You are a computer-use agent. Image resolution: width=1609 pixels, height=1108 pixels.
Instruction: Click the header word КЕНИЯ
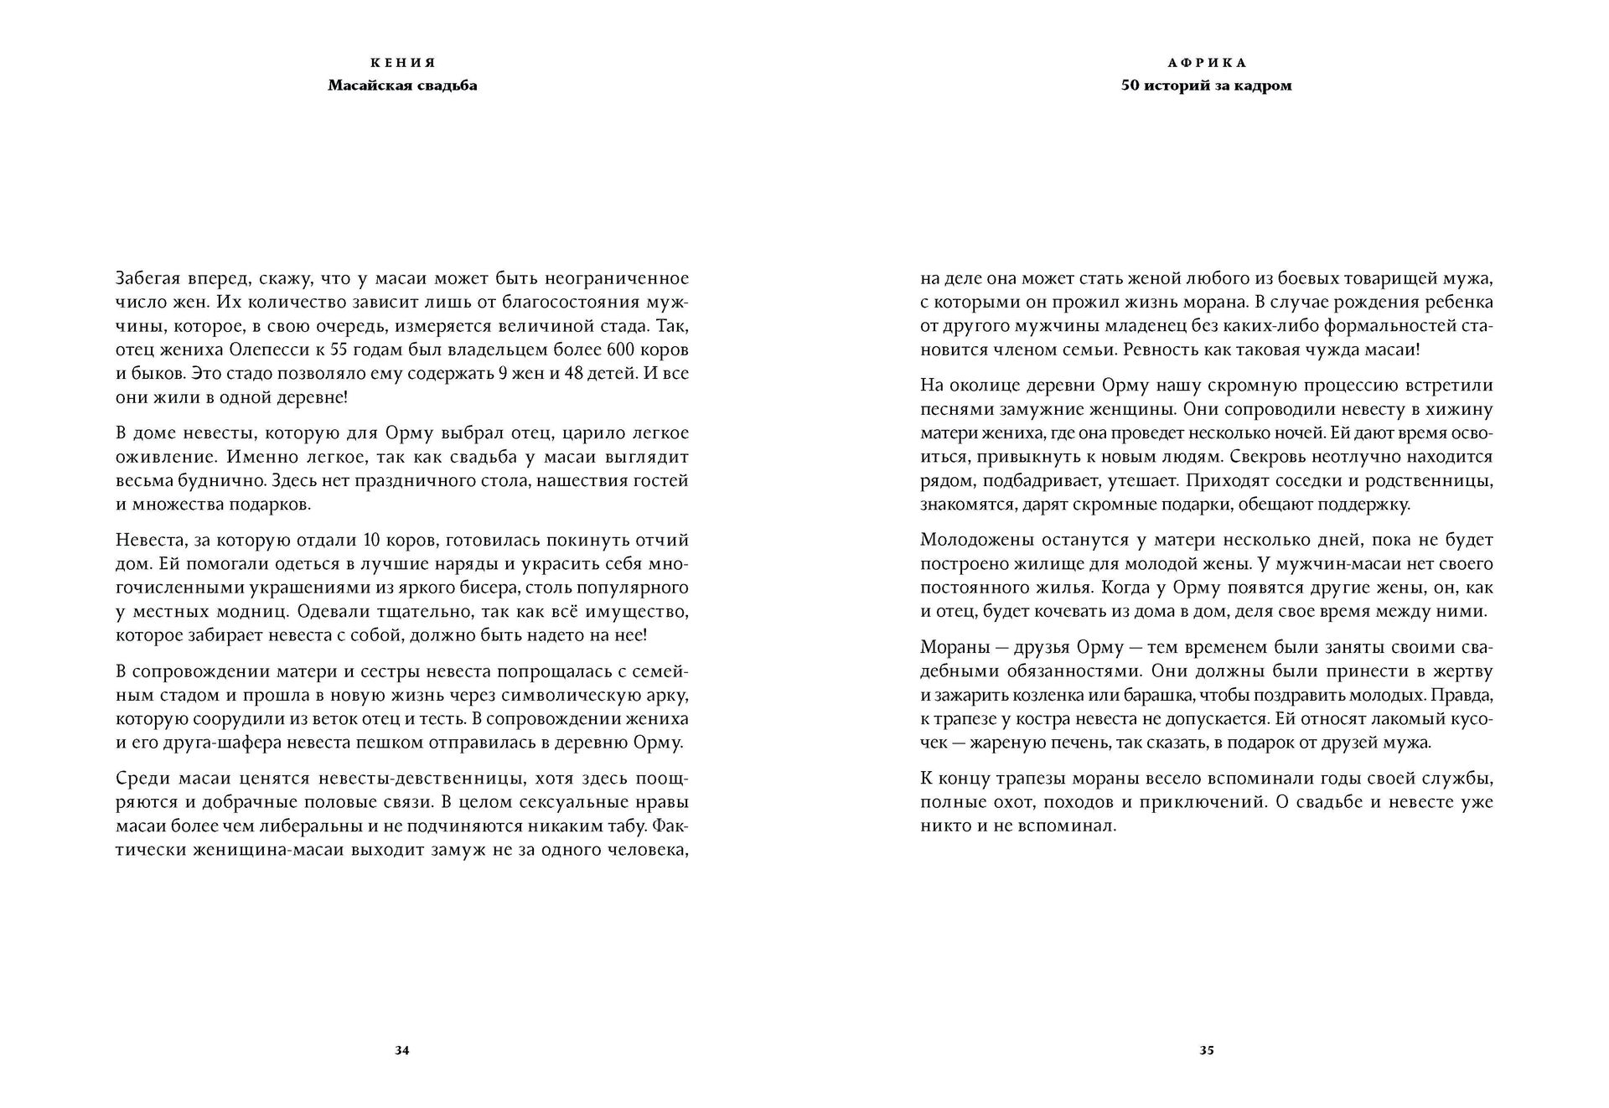[x=402, y=63]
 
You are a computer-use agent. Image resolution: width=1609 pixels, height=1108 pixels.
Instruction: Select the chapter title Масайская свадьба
[x=402, y=85]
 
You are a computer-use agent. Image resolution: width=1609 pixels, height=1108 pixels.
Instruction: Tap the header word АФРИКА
[x=1207, y=63]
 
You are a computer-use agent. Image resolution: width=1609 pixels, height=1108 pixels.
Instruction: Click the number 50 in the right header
[x=1130, y=85]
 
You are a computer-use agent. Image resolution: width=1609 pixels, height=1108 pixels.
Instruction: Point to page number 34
[x=401, y=1051]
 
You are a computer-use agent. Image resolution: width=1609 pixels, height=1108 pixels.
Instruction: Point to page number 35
[x=1207, y=1051]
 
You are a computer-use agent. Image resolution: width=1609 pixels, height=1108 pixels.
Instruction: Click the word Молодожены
[x=977, y=540]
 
